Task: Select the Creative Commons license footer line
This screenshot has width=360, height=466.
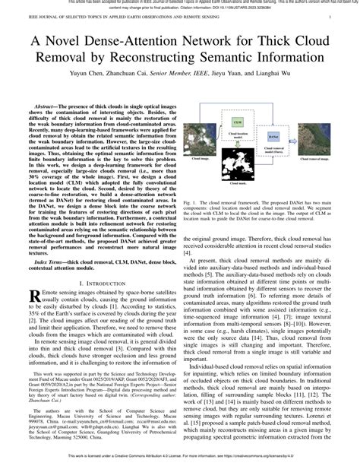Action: [x=180, y=459]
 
